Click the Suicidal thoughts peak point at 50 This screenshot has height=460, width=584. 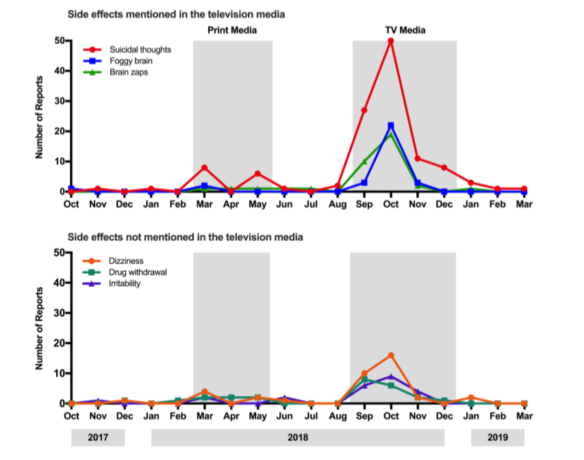coord(390,41)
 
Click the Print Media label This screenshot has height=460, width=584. coord(232,30)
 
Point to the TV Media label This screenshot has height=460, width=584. coord(405,30)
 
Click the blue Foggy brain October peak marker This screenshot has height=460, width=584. coord(390,126)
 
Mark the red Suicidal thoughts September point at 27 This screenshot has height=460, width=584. coord(364,110)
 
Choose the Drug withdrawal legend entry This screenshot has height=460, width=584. coord(138,272)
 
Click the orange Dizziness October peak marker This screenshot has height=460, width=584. coord(390,355)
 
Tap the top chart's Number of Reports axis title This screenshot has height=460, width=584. coord(40,116)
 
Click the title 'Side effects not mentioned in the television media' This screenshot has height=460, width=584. coord(185,238)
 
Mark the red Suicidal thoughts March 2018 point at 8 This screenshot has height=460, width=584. coord(204,168)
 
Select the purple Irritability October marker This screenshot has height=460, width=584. coord(390,376)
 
